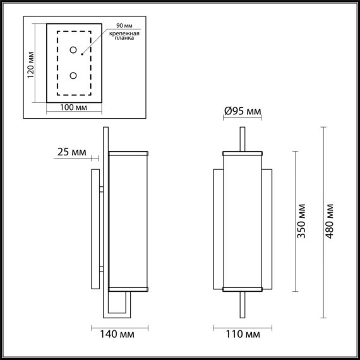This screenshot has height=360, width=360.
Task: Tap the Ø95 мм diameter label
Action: click(243, 112)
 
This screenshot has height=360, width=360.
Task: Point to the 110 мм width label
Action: click(243, 334)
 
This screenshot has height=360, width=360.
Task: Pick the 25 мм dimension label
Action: click(71, 152)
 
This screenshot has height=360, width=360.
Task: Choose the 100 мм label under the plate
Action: click(73, 108)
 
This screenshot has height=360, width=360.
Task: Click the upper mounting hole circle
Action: click(73, 50)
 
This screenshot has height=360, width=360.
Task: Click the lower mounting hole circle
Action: click(73, 75)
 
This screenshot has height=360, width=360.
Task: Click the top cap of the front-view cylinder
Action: click(243, 152)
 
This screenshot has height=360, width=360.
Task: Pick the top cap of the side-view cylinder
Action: click(128, 152)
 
